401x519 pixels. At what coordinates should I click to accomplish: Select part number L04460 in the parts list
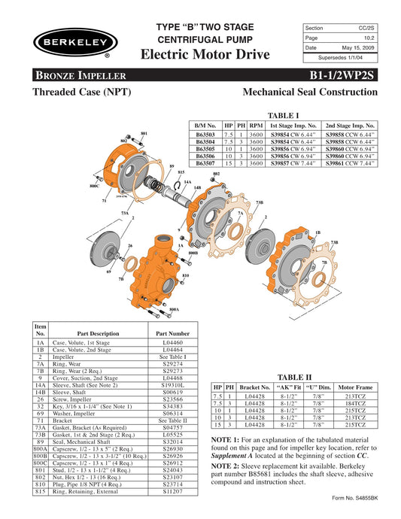coord(175,342)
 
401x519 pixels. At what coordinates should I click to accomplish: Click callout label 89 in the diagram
coord(172,165)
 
